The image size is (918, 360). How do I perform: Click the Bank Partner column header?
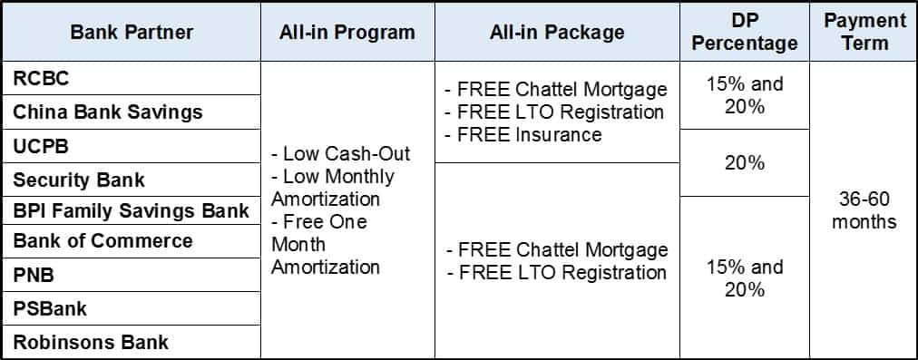pyautogui.click(x=132, y=32)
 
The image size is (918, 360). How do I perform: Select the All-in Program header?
pyautogui.click(x=347, y=32)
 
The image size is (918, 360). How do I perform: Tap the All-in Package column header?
pyautogui.click(x=557, y=32)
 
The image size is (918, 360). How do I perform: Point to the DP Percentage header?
pyautogui.click(x=745, y=32)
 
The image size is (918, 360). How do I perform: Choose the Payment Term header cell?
pyautogui.click(x=864, y=32)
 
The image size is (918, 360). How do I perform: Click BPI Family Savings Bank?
pyautogui.click(x=132, y=210)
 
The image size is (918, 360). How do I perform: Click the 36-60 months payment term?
pyautogui.click(x=864, y=210)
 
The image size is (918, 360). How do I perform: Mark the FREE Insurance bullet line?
pyautogui.click(x=523, y=134)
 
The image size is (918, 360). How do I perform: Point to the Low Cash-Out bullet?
pyautogui.click(x=341, y=153)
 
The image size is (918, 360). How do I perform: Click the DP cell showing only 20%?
pyautogui.click(x=745, y=162)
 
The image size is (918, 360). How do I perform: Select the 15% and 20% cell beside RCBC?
pyautogui.click(x=745, y=95)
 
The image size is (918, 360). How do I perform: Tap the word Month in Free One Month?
pyautogui.click(x=295, y=245)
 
